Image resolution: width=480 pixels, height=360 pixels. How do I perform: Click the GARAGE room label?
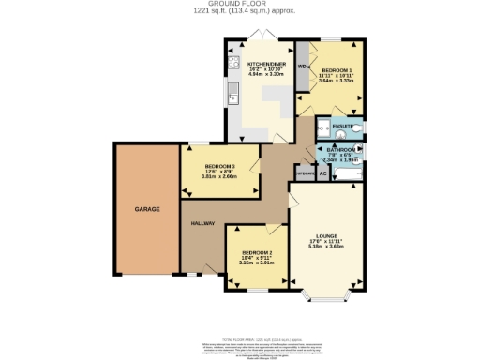(145, 208)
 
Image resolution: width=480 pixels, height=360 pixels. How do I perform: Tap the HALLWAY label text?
(203, 224)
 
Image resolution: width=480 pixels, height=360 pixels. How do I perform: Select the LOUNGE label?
(327, 235)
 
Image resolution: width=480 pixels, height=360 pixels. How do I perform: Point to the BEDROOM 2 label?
(257, 253)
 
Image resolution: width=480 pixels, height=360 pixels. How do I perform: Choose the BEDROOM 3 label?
(218, 165)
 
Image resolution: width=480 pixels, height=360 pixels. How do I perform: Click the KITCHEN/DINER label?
(262, 65)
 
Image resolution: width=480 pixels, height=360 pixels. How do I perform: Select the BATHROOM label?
(340, 149)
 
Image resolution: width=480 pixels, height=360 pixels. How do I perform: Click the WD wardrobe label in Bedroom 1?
(302, 67)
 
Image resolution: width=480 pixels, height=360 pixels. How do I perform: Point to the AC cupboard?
(322, 173)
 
